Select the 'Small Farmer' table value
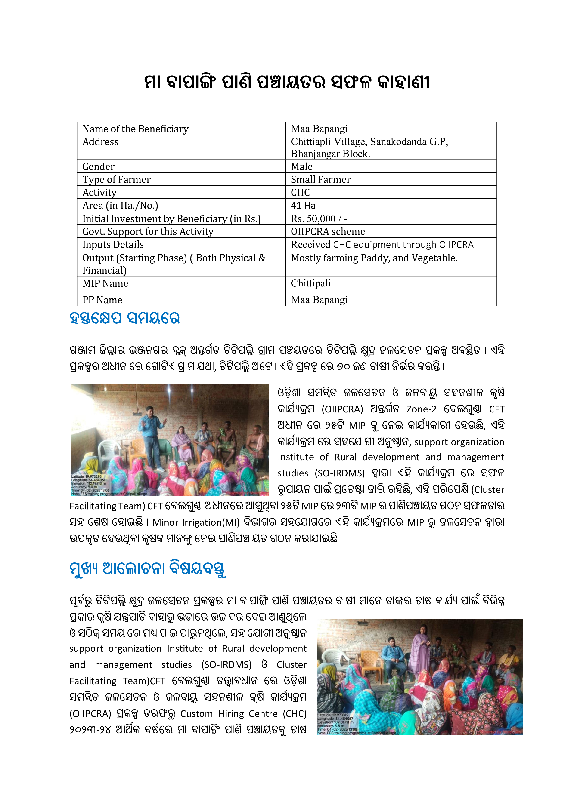pyautogui.click(x=321, y=179)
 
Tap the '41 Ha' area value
pyautogui.click(x=303, y=206)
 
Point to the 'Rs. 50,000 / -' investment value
pyautogui.click(x=319, y=219)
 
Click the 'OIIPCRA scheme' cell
pyautogui.click(x=328, y=232)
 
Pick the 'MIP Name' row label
pyautogui.click(x=105, y=283)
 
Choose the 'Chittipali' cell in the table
pyautogui.click(x=311, y=283)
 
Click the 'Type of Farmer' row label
pyautogui.click(x=116, y=179)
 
